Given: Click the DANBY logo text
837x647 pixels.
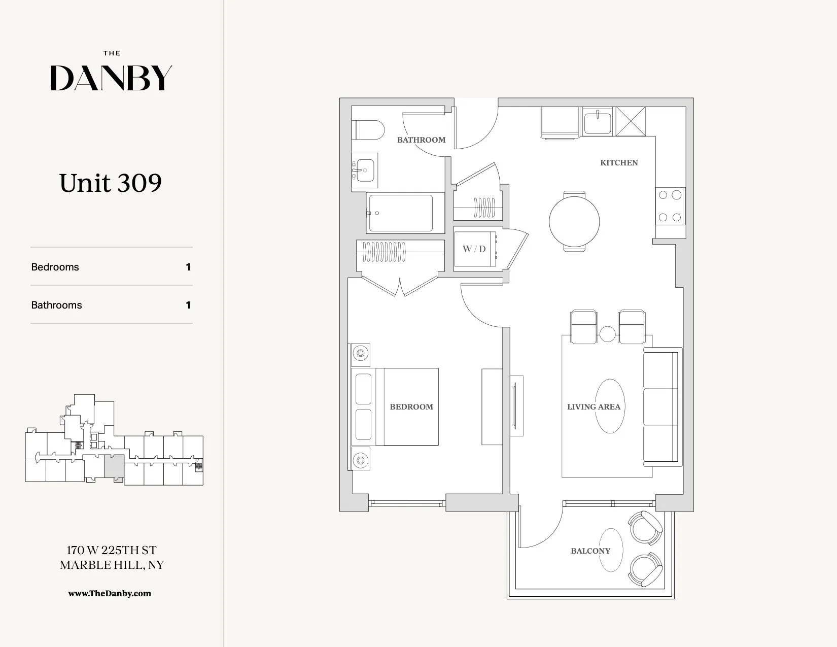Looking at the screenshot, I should tap(111, 78).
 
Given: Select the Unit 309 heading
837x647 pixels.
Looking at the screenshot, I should tap(111, 183).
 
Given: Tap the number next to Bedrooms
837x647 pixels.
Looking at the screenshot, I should tap(188, 267).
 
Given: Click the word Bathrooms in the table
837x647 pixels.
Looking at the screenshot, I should tap(56, 305).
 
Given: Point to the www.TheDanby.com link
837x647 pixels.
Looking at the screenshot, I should tap(110, 593).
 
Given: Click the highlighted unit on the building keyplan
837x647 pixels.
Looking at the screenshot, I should tap(114, 465).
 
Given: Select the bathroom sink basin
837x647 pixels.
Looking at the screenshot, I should tap(365, 170).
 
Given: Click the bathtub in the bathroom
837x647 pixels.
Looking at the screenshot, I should tap(401, 213).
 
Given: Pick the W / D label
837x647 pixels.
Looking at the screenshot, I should tap(474, 249).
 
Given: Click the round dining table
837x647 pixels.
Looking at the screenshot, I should tap(574, 221).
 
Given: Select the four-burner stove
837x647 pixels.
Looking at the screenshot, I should tap(670, 206).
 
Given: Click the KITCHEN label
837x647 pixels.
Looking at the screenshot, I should tap(619, 163).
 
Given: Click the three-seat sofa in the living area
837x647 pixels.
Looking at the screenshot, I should tap(661, 406).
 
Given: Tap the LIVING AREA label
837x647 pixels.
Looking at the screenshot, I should tap(594, 406).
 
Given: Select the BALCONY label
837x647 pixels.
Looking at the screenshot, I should tap(590, 551).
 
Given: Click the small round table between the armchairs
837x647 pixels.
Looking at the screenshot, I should tap(608, 334).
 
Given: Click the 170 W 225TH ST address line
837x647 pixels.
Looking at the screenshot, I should tap(112, 550).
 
